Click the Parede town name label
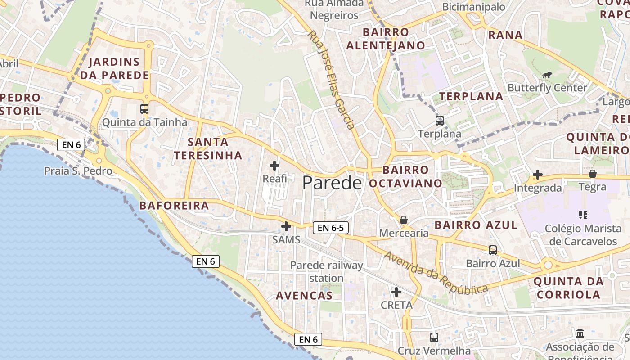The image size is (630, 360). [332, 183]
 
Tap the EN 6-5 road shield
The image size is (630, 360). [331, 228]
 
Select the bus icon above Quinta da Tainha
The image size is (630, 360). [144, 108]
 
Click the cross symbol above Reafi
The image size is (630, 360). [274, 165]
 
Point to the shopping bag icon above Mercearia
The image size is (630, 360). [404, 220]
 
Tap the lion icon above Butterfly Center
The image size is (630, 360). [547, 75]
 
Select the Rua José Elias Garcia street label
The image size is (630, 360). [332, 80]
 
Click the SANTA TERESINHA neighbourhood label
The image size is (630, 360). [208, 149]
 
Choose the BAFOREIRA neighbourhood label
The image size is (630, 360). [174, 206]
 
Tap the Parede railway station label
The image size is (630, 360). [326, 272]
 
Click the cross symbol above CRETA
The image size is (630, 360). [396, 292]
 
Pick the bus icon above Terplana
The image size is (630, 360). [440, 120]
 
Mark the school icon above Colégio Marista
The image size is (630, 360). [583, 215]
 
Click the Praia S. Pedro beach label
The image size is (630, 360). [78, 171]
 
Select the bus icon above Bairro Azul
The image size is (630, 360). [493, 250]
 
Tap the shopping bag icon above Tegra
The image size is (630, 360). [593, 174]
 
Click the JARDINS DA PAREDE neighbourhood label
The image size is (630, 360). [114, 68]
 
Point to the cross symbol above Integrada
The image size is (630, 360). [538, 175]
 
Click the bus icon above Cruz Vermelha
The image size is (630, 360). [434, 337]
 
